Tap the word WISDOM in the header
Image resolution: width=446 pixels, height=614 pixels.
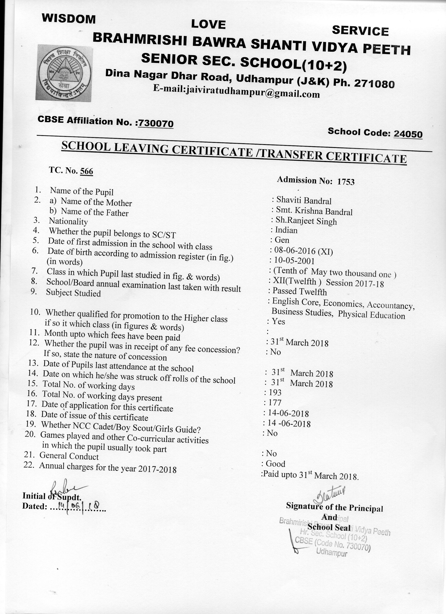coord(69,19)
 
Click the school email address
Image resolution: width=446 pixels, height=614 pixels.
coord(236,92)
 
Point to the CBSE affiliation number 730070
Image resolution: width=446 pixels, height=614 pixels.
coord(156,123)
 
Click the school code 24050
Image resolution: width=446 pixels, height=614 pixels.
coord(408,134)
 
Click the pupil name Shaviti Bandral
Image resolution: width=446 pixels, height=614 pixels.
coord(304,201)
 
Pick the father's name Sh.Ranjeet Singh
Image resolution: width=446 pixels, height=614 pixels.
coord(306,221)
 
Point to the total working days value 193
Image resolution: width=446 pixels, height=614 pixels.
coord(275,392)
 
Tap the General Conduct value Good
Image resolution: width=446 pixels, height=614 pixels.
coord(275,464)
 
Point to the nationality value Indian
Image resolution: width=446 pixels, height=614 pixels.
coord(286,230)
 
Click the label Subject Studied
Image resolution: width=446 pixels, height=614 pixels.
coord(73,293)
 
